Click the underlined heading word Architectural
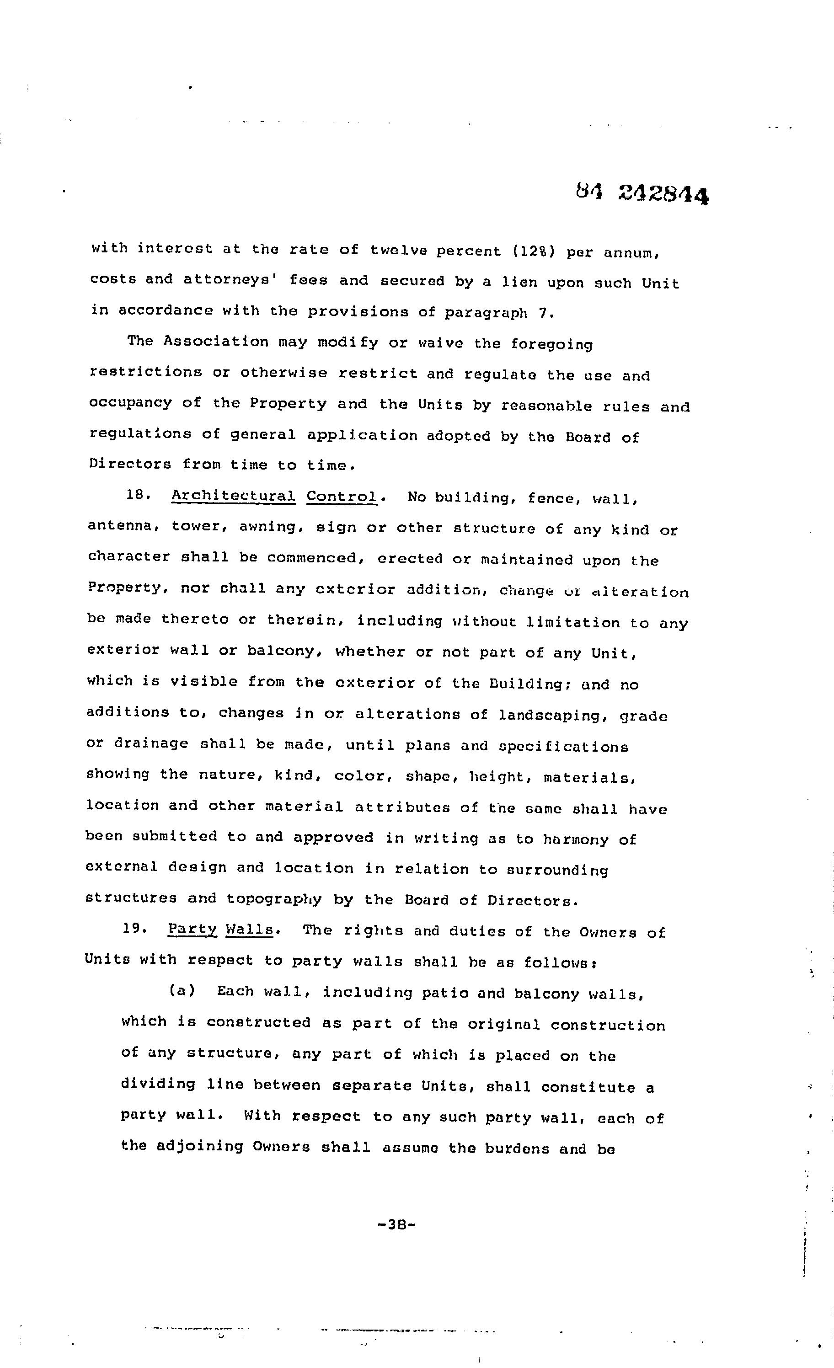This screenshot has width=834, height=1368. click(x=233, y=495)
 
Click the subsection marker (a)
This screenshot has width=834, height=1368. click(x=182, y=990)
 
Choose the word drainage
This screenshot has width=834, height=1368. click(x=151, y=744)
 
